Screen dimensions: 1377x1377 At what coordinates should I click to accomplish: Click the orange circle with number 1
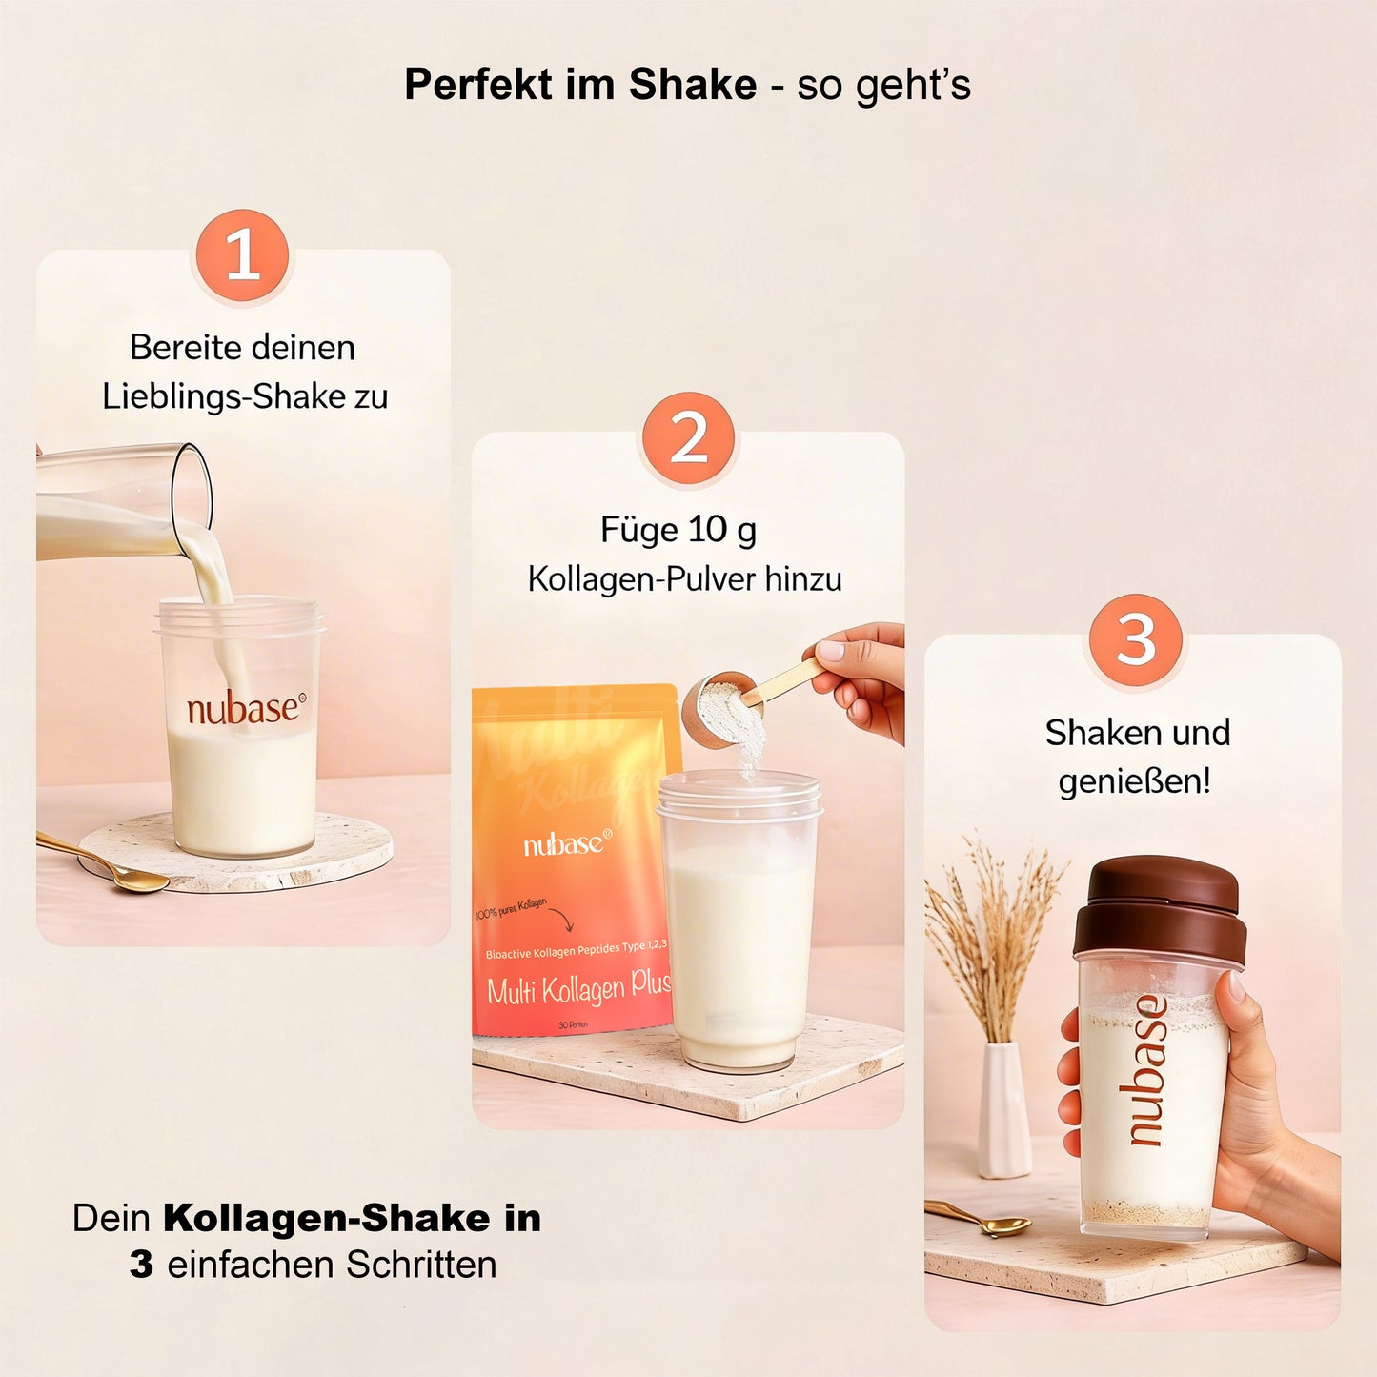[243, 255]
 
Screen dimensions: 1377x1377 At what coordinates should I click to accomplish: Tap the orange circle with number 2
[688, 438]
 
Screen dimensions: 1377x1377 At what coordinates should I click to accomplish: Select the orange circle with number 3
[1135, 639]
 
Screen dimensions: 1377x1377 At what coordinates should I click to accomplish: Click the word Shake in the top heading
[692, 85]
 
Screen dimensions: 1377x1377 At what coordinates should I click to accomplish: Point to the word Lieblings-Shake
[224, 396]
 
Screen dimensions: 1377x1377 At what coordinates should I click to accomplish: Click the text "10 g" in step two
[722, 530]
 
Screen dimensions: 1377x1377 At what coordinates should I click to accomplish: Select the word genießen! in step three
[1134, 780]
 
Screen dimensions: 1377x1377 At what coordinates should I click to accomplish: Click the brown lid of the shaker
[1161, 906]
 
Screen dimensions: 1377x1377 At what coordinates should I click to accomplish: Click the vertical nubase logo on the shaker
[1147, 1069]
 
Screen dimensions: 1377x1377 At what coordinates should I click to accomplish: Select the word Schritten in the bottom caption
[421, 1265]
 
